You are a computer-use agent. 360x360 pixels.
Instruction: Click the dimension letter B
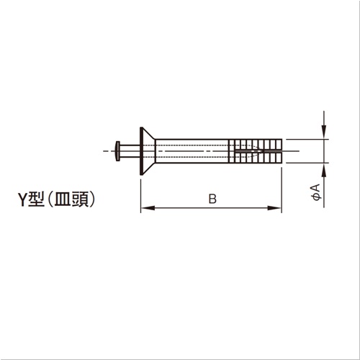pos(212,199)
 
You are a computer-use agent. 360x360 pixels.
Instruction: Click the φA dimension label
pos(317,192)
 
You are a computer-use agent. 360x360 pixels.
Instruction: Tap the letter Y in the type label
pos(23,199)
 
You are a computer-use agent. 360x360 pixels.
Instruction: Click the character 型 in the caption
pos(36,199)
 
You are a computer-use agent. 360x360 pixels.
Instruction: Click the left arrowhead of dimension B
pos(148,208)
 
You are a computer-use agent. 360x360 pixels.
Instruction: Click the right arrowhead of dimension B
pos(274,208)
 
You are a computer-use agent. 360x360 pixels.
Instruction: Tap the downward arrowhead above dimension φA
pos(324,132)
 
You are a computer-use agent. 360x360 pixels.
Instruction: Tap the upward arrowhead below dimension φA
pos(324,171)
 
